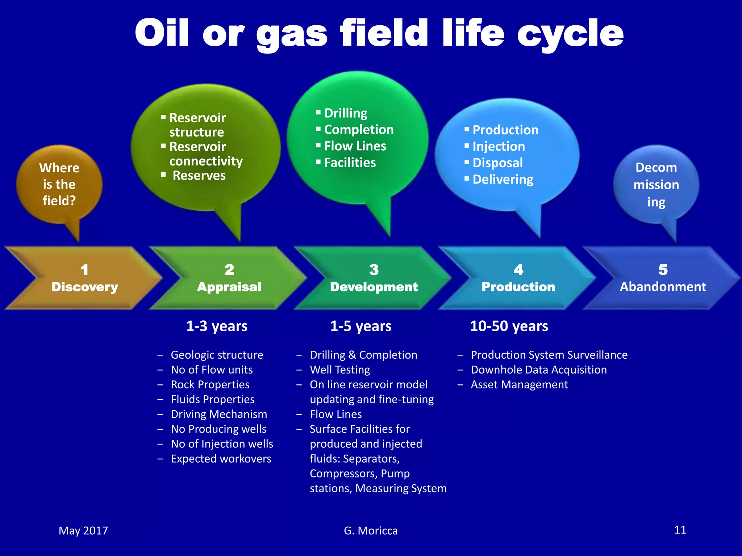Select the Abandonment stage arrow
pos(662,278)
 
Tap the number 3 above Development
pos(374,270)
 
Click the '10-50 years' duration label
pos(509,326)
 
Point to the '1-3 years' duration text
pos(217,326)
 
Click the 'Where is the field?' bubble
pos(59,184)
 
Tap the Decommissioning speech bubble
pos(656,185)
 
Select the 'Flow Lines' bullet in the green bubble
pos(355,146)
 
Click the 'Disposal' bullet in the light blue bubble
pos(497,163)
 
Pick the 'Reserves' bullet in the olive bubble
pos(199,176)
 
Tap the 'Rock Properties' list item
pos(210,384)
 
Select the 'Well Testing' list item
pos(339,370)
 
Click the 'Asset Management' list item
pos(519,384)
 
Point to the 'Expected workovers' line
pos(221,459)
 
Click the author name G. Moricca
pos(370,531)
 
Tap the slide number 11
pos(680,530)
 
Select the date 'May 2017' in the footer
pos(83,531)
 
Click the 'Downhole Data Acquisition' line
pos(538,370)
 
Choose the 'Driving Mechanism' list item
pos(218,414)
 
